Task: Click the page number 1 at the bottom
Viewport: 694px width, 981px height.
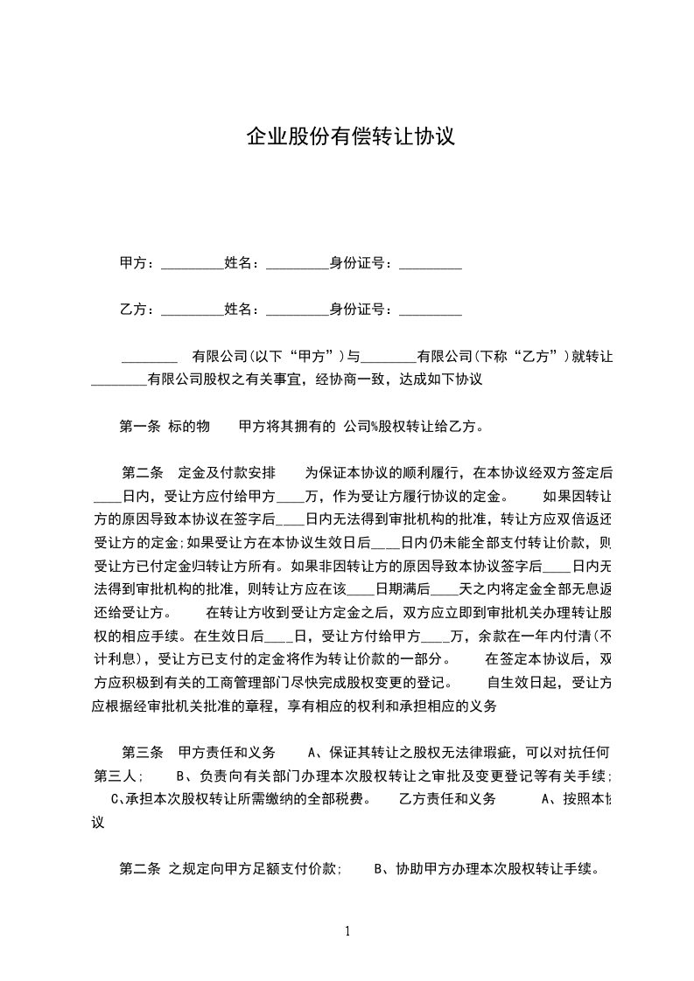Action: tap(347, 930)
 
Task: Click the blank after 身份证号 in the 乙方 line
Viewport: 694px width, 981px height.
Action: tap(430, 310)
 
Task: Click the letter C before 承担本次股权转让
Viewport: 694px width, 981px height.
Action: tap(116, 798)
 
